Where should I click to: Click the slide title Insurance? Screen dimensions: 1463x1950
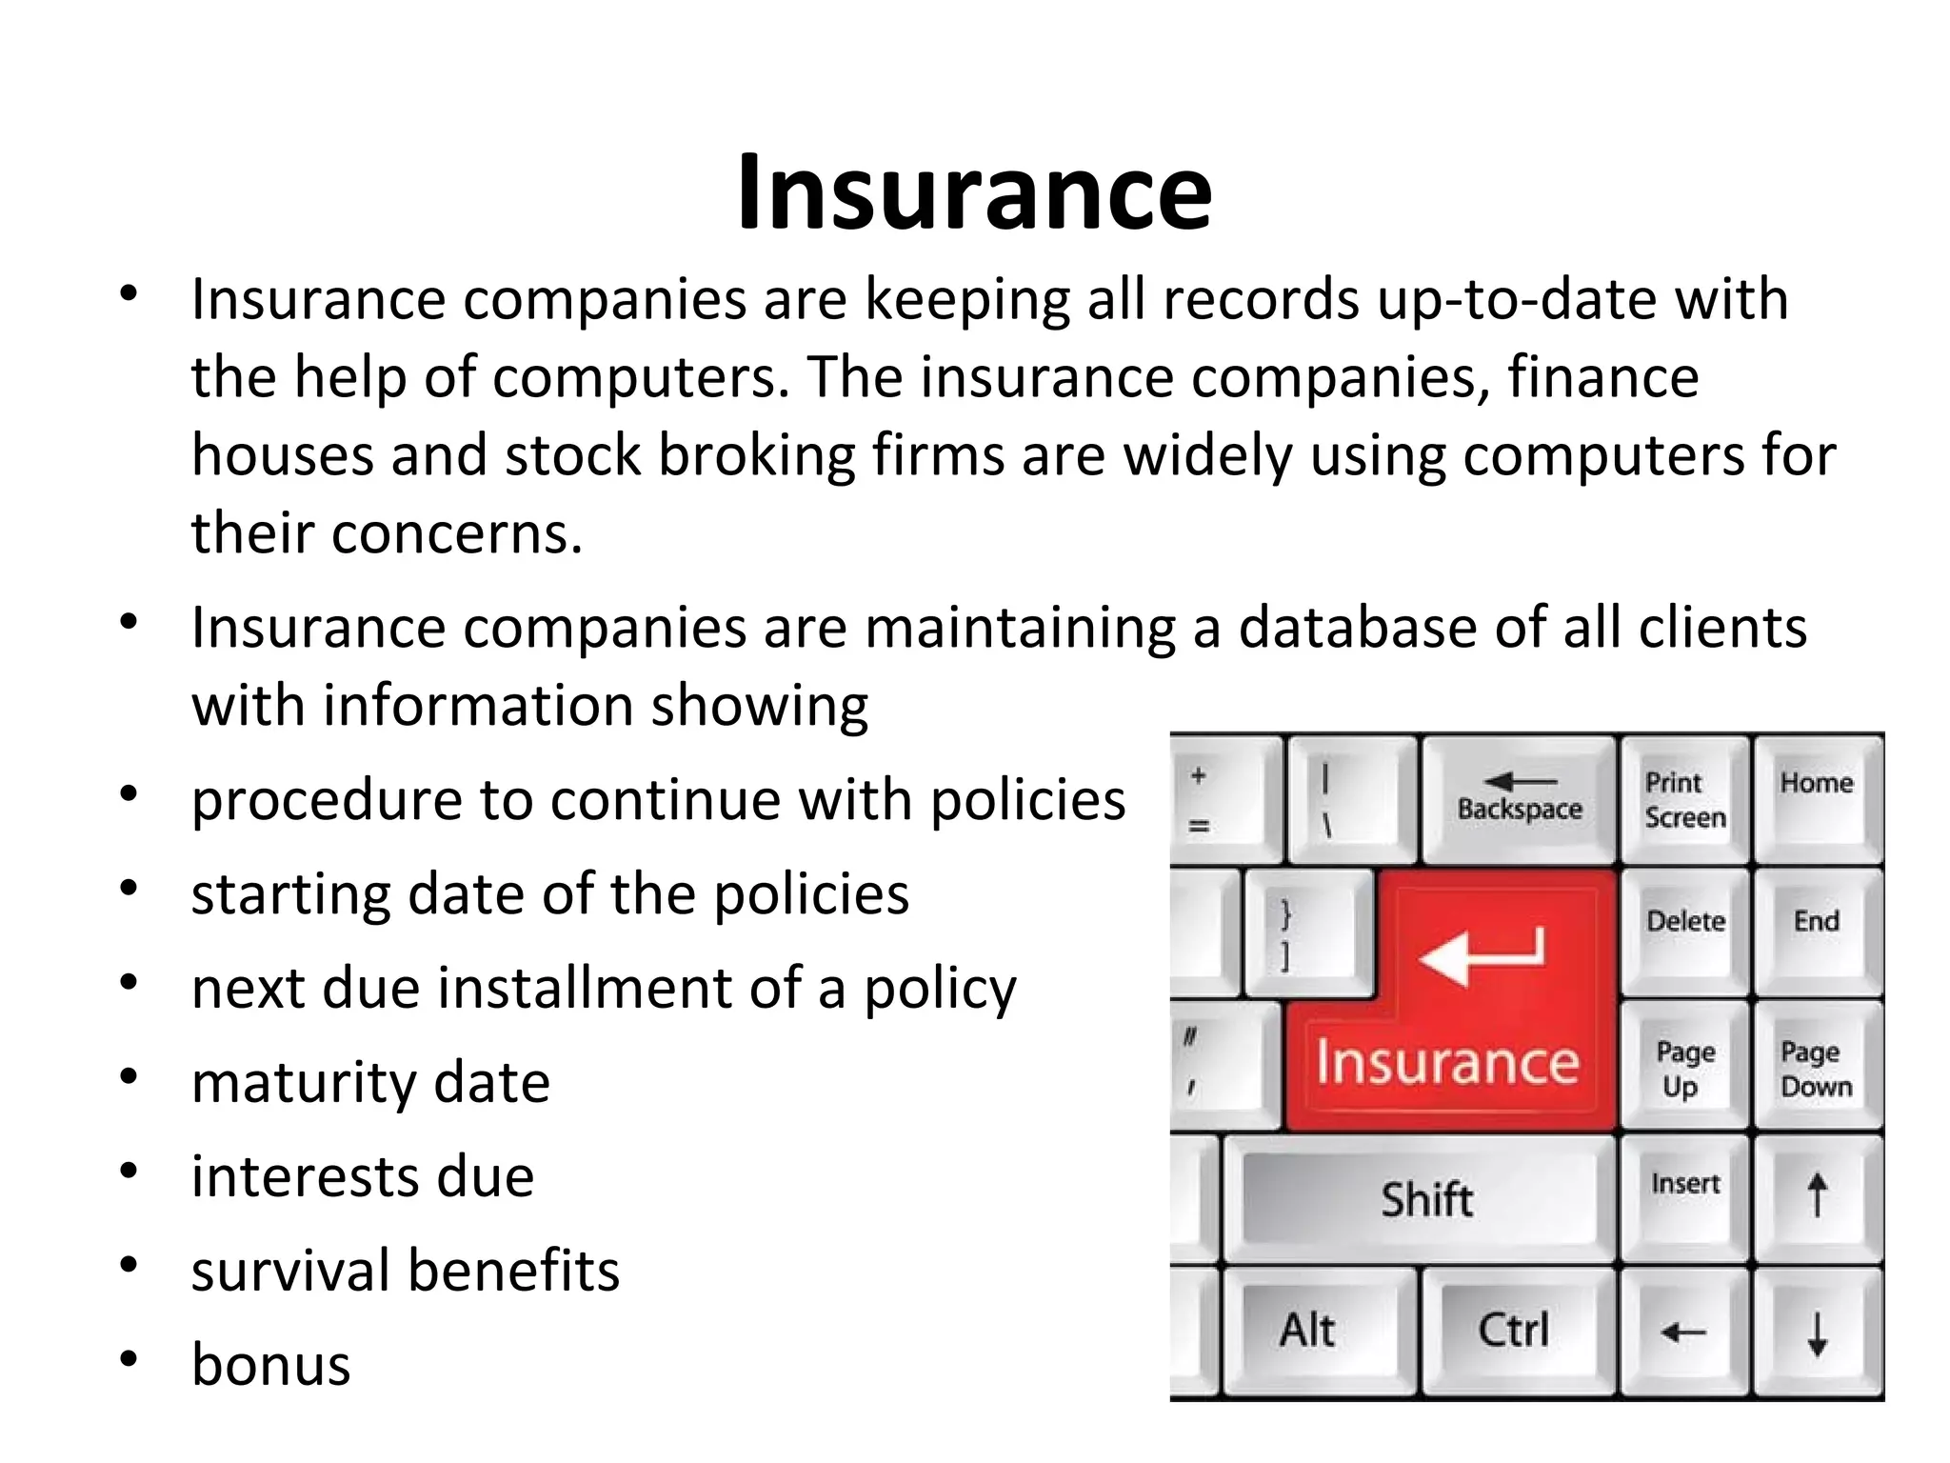(974, 193)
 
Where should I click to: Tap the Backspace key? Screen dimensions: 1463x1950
(1520, 798)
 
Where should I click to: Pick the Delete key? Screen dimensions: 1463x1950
(1685, 922)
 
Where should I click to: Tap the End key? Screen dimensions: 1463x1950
(1817, 922)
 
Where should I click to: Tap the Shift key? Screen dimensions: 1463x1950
(1426, 1199)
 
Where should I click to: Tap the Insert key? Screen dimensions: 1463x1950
(1685, 1185)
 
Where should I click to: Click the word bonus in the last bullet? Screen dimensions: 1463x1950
(271, 1365)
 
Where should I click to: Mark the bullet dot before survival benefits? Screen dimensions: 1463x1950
(129, 1266)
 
